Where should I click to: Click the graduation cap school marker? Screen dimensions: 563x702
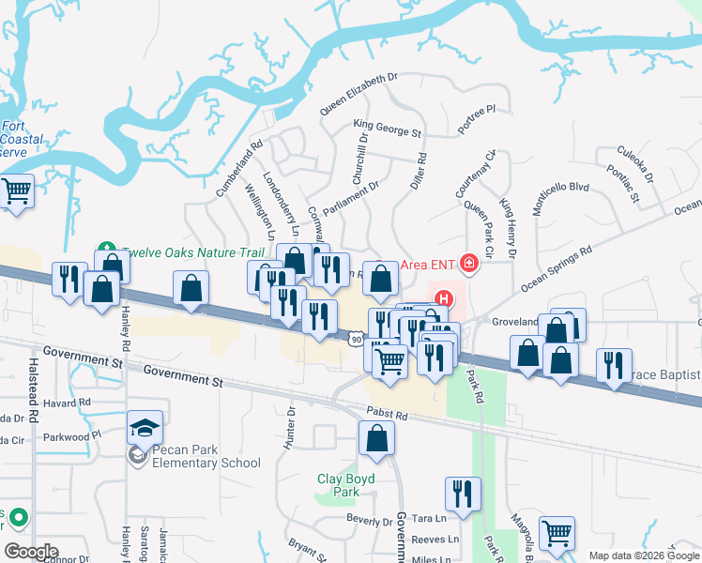tap(145, 428)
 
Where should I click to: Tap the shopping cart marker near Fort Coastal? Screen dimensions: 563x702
tap(17, 192)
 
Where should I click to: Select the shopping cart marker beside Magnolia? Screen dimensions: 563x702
tap(558, 533)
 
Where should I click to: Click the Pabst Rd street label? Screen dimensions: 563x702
tap(388, 414)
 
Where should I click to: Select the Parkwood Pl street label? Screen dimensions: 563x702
tap(71, 436)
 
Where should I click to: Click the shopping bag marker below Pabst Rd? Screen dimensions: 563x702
tap(376, 438)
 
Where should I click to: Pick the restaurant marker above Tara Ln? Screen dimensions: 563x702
tap(463, 493)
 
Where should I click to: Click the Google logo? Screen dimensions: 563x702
tap(32, 551)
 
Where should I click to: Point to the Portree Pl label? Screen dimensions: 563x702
tap(477, 120)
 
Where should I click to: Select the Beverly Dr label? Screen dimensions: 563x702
tap(369, 521)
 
